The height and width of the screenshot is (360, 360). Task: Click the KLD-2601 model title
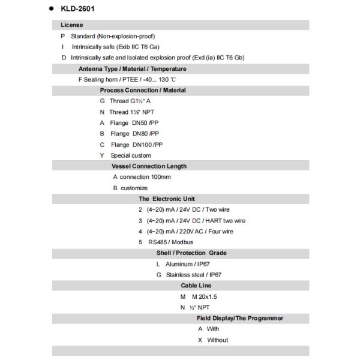click(x=77, y=9)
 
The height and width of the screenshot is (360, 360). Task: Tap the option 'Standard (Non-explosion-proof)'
click(x=104, y=36)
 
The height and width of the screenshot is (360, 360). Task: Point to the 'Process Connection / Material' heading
click(x=143, y=91)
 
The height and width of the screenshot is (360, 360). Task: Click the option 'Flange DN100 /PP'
click(x=136, y=145)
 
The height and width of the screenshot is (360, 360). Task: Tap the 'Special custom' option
click(x=130, y=155)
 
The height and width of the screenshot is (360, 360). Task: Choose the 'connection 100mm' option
click(x=145, y=177)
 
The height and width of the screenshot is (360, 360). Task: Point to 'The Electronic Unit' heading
click(x=167, y=199)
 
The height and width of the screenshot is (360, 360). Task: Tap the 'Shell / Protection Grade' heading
click(x=191, y=253)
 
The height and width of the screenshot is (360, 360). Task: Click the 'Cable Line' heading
click(x=196, y=286)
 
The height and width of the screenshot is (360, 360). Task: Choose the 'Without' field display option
click(x=217, y=340)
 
